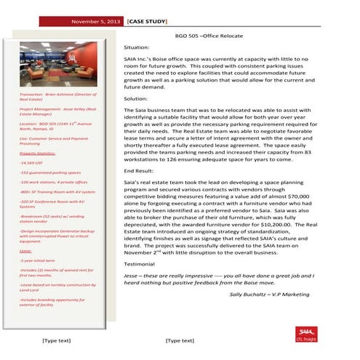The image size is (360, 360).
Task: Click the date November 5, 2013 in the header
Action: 95,22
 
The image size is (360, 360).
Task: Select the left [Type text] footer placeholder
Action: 56,340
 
